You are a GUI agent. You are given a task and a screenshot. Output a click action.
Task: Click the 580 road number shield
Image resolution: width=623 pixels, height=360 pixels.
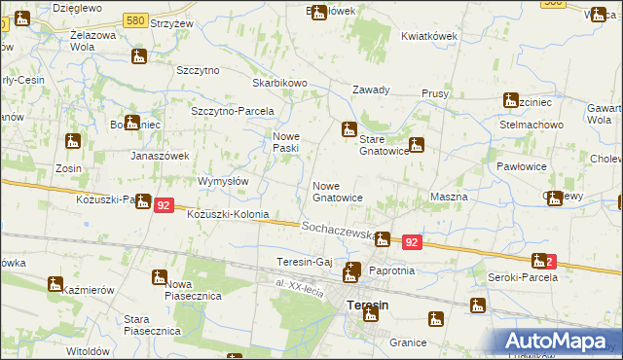point(136,19)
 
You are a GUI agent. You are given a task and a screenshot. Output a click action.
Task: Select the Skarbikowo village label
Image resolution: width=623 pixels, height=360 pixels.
point(279,84)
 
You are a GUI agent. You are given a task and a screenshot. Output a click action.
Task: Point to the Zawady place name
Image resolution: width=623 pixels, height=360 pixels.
point(371,90)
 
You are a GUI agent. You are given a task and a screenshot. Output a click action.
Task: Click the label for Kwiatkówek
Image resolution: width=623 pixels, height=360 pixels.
point(428,36)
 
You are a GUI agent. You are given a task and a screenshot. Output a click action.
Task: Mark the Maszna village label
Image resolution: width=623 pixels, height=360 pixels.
point(449,197)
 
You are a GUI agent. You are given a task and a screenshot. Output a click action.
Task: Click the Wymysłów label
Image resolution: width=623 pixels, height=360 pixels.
point(224,181)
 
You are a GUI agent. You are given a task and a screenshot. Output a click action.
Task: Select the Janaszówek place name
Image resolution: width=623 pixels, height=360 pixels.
point(160,156)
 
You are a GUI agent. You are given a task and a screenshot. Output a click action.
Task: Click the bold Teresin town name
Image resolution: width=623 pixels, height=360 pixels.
point(368,305)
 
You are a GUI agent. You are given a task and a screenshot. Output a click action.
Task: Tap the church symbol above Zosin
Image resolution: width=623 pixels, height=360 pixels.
point(72,142)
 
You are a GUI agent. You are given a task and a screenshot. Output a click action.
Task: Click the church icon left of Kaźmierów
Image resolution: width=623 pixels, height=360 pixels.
point(55,284)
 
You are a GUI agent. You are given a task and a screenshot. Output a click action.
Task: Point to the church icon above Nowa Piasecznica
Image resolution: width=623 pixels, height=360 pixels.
point(158,278)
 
